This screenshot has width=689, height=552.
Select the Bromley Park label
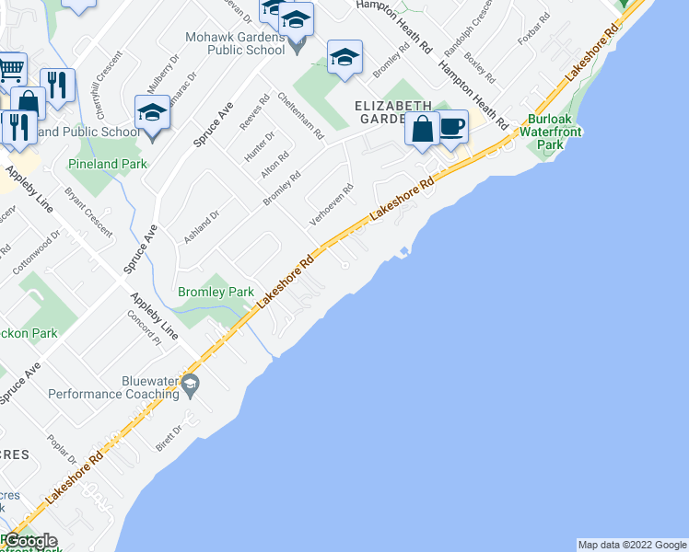(216, 292)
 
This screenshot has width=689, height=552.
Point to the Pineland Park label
(108, 164)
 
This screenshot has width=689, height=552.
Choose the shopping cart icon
(10, 69)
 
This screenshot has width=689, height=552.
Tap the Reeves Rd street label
(253, 112)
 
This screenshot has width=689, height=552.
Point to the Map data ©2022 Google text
(631, 545)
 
